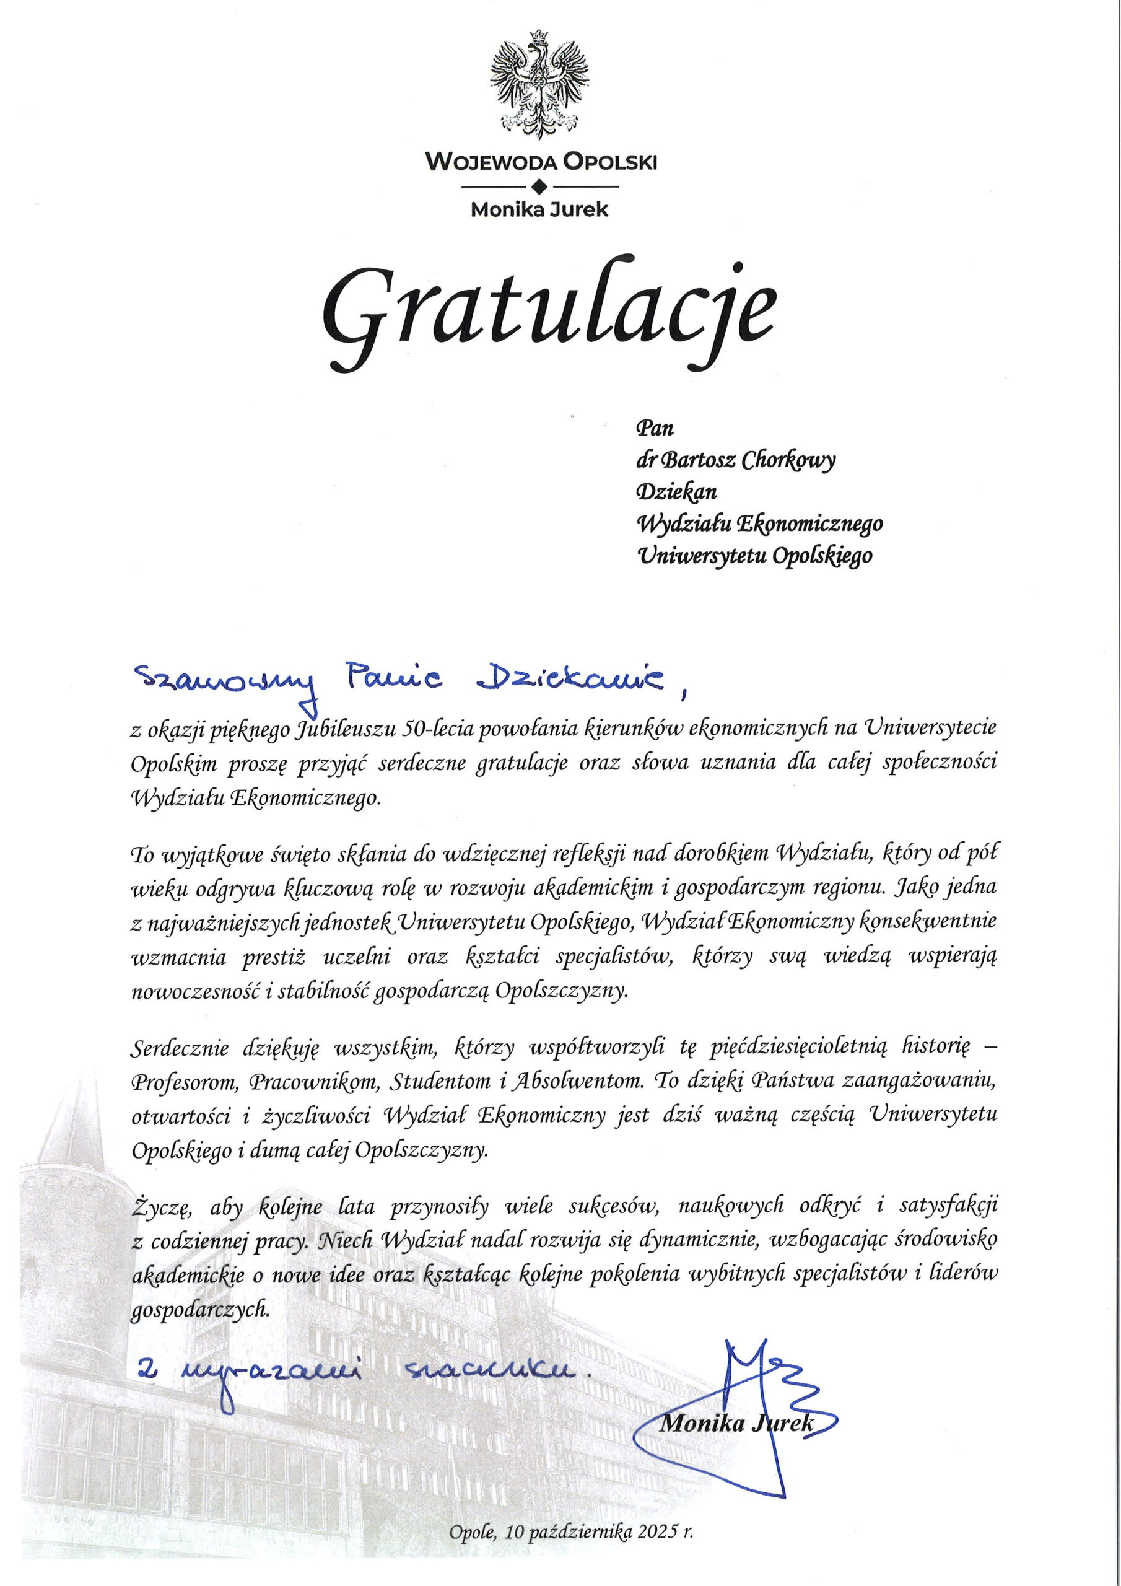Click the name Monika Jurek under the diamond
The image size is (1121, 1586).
tap(539, 209)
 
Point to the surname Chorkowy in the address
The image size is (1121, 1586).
tap(787, 461)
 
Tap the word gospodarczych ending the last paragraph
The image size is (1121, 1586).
tap(198, 1309)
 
